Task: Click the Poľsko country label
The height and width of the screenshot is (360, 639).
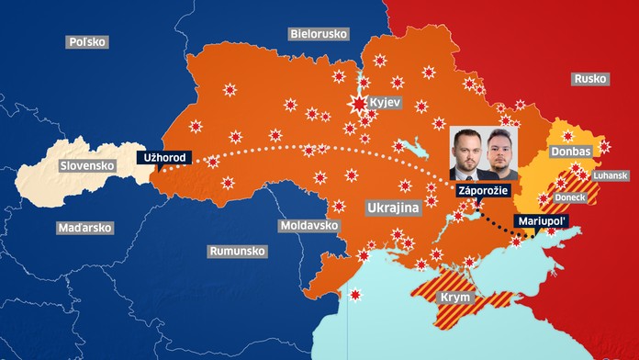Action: (88, 41)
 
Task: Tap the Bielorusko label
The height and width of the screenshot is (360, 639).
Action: (319, 33)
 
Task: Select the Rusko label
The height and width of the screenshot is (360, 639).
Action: (590, 79)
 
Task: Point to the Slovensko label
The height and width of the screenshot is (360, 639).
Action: (86, 166)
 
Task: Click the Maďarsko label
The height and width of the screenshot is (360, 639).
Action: (84, 227)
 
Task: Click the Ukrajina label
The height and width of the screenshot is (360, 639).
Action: (392, 208)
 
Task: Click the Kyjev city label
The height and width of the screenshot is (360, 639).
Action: (384, 102)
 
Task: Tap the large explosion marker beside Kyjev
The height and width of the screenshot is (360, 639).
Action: (356, 103)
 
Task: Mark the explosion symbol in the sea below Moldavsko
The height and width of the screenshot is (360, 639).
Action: (356, 296)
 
